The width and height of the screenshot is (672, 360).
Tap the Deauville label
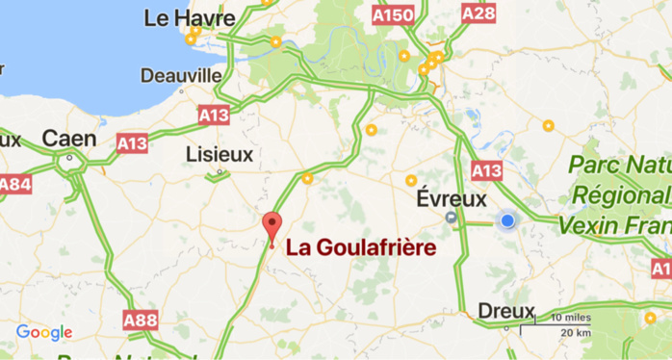coord(181,75)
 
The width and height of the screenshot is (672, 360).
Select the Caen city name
coord(69,139)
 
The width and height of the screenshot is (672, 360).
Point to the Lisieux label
coord(220,154)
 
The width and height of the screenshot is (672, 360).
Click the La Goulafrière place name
coord(361,247)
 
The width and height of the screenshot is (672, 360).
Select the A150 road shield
coord(393,15)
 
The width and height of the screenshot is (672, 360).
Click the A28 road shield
coord(478,13)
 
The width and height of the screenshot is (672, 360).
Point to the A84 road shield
coord(14,183)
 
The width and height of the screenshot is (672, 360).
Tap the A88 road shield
coord(140,318)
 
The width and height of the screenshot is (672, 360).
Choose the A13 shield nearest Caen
coord(132,142)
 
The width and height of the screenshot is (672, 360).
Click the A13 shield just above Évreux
coord(487,170)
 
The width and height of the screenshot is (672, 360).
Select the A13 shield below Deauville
coord(214,115)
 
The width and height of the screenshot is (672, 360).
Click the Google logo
coord(44,333)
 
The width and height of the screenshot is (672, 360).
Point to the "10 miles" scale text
coord(571,318)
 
